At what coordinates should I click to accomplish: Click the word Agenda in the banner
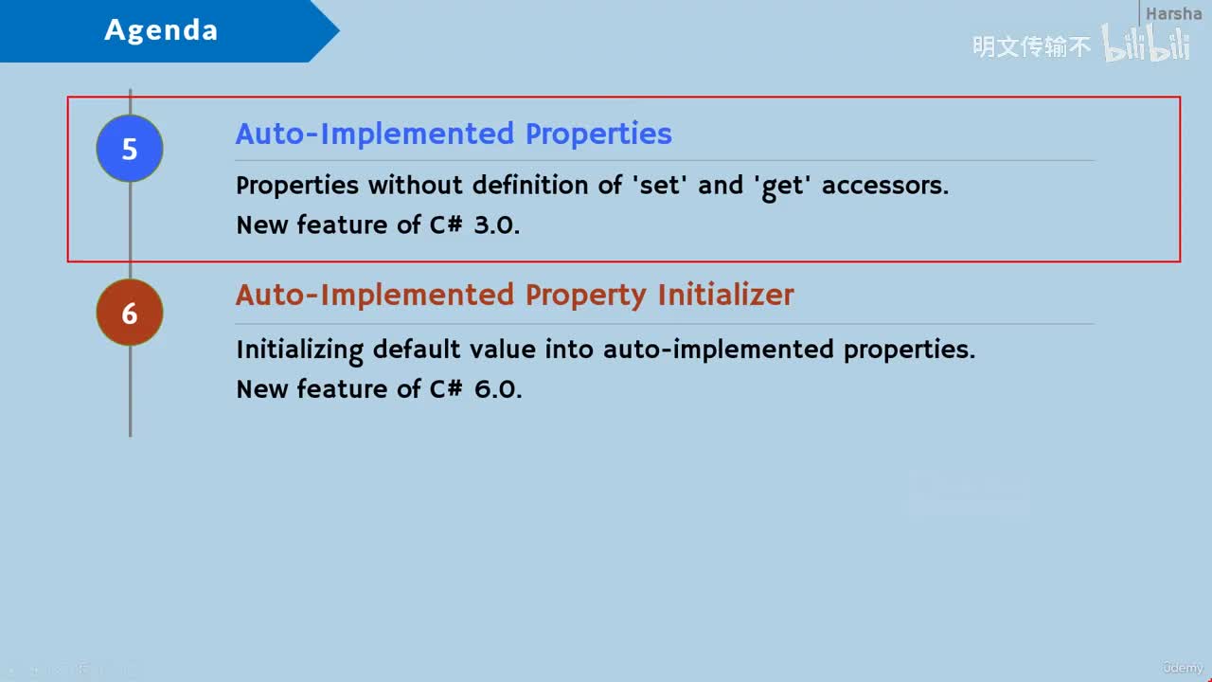pos(161,29)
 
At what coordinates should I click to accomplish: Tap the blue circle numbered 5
pos(130,149)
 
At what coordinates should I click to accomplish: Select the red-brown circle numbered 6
pos(130,313)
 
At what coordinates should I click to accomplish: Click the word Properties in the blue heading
pos(598,135)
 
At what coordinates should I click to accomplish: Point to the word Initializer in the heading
pos(725,295)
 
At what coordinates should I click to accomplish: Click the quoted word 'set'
pos(660,185)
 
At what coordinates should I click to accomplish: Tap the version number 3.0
pos(496,225)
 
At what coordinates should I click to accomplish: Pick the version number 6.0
pos(498,389)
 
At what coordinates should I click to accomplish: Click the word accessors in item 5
pos(885,186)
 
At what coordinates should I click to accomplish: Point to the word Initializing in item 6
pos(300,350)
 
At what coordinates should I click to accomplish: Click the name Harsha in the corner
pos(1173,13)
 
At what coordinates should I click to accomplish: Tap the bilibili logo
pos(1146,44)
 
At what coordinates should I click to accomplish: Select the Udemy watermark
pos(1183,668)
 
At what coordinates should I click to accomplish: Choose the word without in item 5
pos(416,185)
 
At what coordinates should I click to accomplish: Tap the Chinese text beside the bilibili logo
pos(1031,46)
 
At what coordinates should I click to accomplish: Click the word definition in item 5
pos(530,185)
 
